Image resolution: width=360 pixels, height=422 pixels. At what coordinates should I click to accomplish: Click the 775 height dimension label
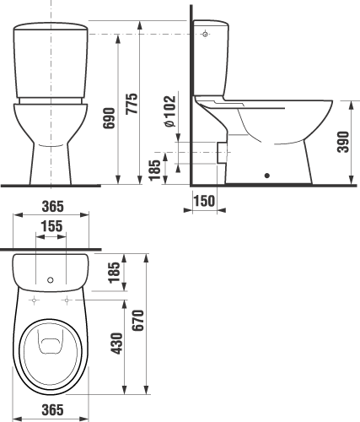coord(132,103)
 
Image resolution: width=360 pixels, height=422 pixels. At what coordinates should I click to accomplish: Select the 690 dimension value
coord(109,118)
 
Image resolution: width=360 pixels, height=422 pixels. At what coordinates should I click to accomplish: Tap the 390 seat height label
coord(343,142)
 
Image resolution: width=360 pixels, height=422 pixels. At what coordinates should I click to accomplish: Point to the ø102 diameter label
coord(170,111)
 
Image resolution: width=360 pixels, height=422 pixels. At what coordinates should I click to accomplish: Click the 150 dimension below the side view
coord(204,201)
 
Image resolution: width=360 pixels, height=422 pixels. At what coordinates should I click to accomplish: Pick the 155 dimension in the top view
coord(51,226)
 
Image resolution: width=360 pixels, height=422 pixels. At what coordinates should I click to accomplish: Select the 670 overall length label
coord(138,320)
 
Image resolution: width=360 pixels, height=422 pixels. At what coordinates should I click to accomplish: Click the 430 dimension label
coord(117,344)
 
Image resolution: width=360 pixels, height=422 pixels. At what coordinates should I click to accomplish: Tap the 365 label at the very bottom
coord(53,409)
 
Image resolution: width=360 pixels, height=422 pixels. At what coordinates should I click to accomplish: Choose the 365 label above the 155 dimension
coord(53,206)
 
